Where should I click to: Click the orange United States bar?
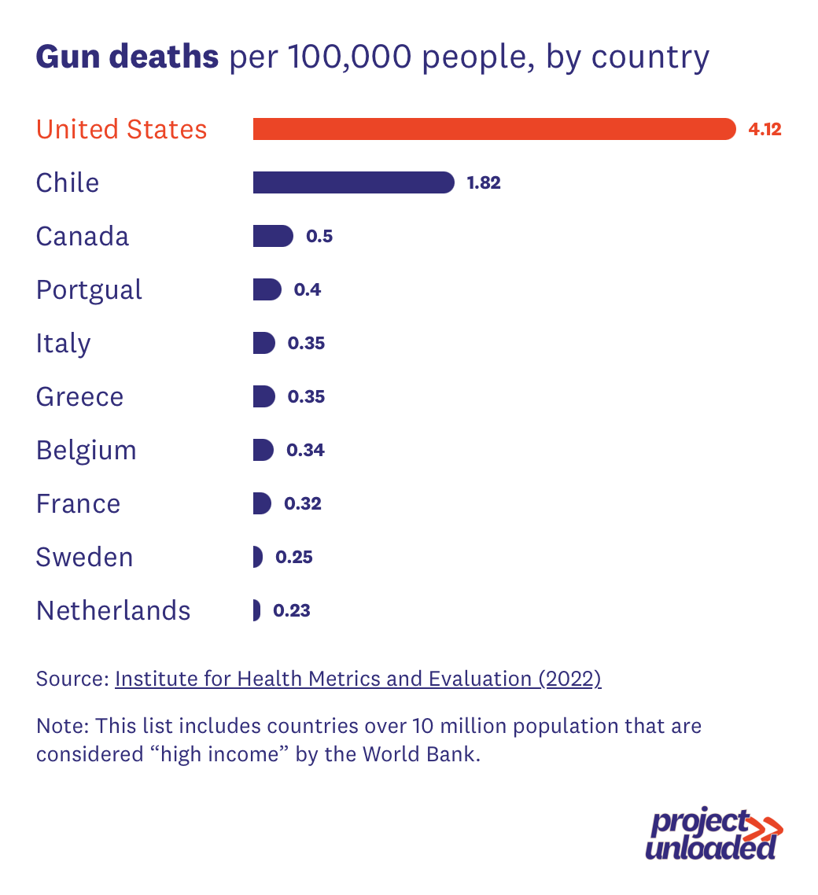click(x=494, y=129)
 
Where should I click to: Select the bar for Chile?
click(x=353, y=182)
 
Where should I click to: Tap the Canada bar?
click(x=272, y=236)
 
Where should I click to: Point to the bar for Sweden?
click(x=257, y=557)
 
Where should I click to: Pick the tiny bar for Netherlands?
click(x=256, y=610)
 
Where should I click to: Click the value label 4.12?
click(x=765, y=130)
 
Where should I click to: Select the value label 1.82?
click(x=484, y=183)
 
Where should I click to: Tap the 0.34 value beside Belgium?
click(x=306, y=451)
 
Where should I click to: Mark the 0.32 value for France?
click(x=303, y=504)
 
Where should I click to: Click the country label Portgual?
click(x=89, y=290)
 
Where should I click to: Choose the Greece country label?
click(x=79, y=397)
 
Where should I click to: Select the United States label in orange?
click(x=122, y=130)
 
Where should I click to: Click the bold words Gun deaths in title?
click(x=127, y=57)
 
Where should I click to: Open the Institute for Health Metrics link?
click(x=358, y=679)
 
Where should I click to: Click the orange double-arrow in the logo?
click(x=763, y=827)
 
